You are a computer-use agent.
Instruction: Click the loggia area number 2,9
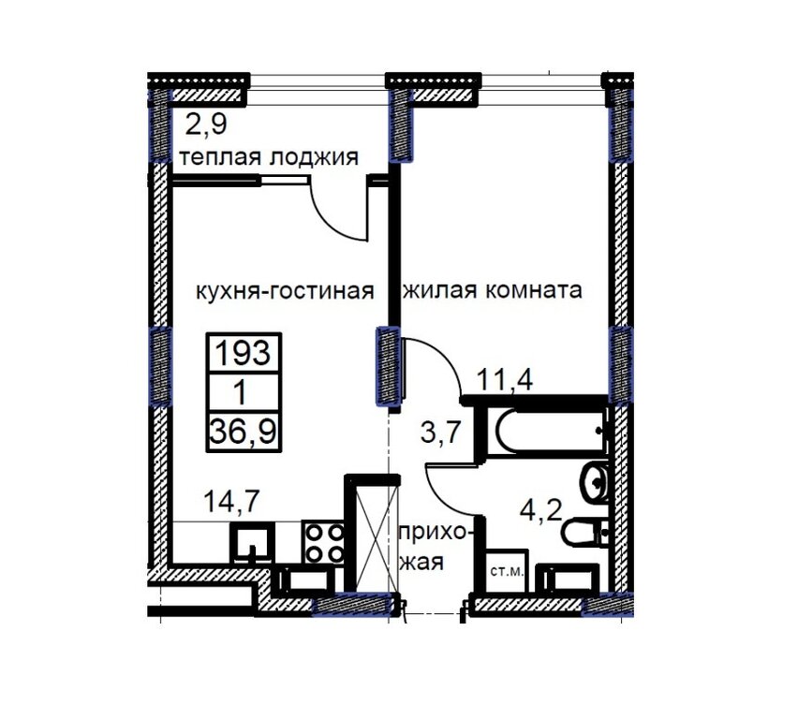(x=206, y=124)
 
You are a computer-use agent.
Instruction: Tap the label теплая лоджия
(x=269, y=157)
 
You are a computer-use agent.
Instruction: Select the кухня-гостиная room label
(x=285, y=291)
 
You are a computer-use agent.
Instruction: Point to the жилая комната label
(x=493, y=290)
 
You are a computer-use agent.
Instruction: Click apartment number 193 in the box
(x=244, y=353)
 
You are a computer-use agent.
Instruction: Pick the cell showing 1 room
(x=241, y=393)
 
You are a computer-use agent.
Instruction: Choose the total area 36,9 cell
(x=244, y=432)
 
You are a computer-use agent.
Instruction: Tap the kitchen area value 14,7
(x=231, y=501)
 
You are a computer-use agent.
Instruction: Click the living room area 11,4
(x=505, y=379)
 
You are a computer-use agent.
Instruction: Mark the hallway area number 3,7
(x=441, y=433)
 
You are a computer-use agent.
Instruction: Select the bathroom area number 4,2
(x=540, y=510)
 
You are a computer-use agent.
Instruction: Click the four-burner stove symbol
(x=323, y=542)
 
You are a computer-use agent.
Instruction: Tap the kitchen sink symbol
(x=253, y=543)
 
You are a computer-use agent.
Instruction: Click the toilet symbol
(x=585, y=533)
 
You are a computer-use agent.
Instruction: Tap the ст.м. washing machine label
(x=507, y=571)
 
